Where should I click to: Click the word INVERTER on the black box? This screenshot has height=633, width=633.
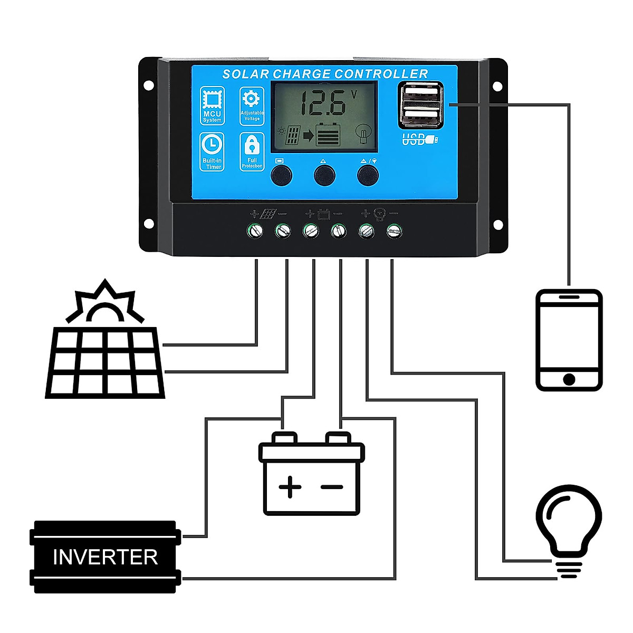point(105,557)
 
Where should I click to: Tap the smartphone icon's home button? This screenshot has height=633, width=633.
point(569,379)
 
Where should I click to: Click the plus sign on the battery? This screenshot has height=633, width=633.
point(290,486)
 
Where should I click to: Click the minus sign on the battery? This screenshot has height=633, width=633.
point(332,487)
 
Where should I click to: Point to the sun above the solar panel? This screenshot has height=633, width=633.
point(104,306)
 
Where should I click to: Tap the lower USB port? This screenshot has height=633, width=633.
point(420,115)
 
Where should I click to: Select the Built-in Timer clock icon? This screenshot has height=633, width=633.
point(212,145)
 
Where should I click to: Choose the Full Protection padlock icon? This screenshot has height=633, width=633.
point(252,145)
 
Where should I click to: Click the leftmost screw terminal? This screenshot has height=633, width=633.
point(256,230)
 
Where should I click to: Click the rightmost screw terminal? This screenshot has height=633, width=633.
point(394,230)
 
